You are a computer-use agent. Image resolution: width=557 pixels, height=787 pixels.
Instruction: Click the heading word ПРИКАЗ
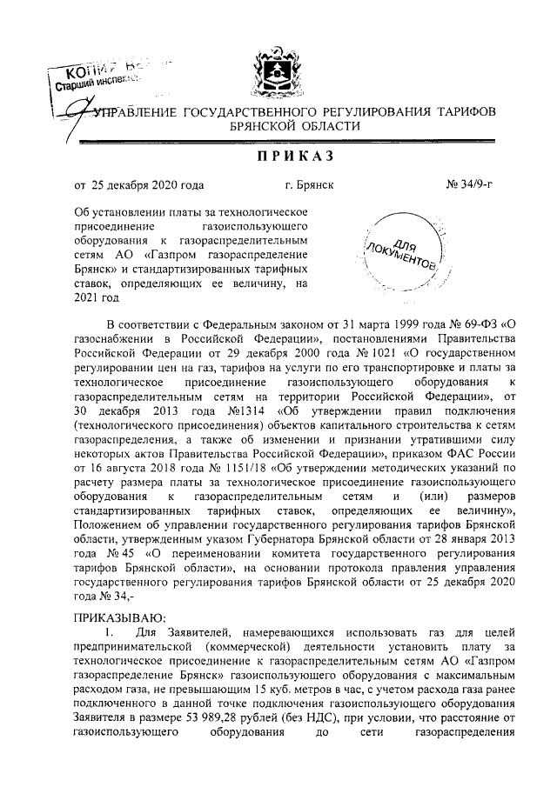coord(278,156)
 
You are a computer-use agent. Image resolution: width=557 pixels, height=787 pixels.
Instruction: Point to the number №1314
coord(256,411)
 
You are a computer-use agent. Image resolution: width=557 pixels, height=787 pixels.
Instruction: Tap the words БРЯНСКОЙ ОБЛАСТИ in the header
coord(278,126)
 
